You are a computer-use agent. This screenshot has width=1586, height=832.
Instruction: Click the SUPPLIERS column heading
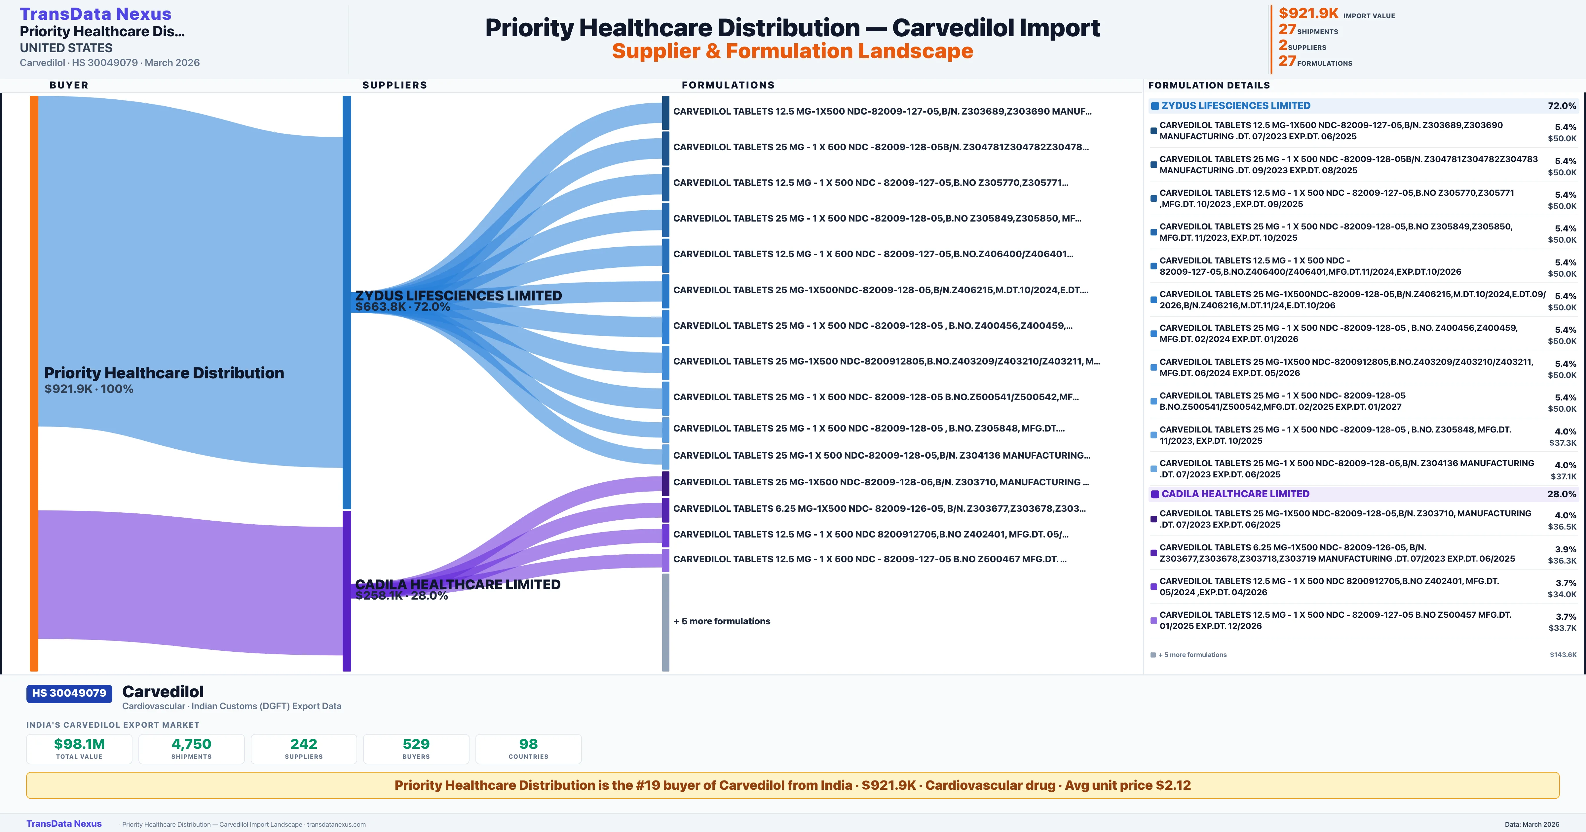pyautogui.click(x=395, y=85)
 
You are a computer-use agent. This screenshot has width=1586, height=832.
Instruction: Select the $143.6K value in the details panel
pyautogui.click(x=1563, y=655)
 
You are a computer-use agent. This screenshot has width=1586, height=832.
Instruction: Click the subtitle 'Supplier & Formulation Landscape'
pyautogui.click(x=792, y=51)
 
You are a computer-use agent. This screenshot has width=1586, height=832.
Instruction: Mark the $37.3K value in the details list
pyautogui.click(x=1563, y=443)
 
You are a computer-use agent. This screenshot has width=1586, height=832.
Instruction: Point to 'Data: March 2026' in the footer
pyautogui.click(x=1532, y=824)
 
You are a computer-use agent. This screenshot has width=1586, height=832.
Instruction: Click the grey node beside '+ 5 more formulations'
pyautogui.click(x=665, y=622)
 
